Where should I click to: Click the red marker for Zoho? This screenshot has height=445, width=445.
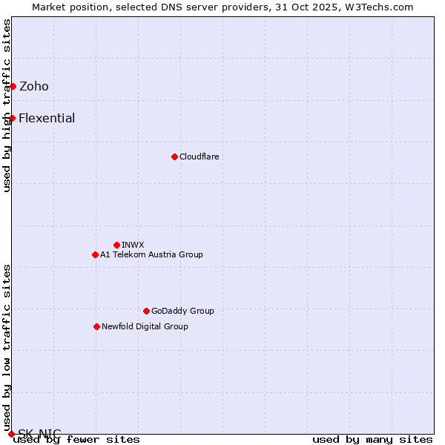coord(13,87)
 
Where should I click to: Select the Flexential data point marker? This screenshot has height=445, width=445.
coord(12,119)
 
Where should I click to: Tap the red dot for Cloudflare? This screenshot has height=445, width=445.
coord(174,156)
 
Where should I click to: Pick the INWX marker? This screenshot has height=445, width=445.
coord(116,245)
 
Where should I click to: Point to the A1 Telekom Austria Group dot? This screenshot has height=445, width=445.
coord(95,254)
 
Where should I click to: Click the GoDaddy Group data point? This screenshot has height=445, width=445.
coord(146,311)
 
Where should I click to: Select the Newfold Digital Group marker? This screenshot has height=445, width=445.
coord(96,326)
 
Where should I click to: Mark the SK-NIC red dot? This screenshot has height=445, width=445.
coord(11,434)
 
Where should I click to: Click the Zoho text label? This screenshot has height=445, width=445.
coord(34,87)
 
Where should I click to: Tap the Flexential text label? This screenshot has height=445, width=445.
coord(47,119)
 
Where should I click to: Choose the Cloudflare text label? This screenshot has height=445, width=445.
coord(199,156)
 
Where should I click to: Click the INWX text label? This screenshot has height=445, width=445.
coord(133,245)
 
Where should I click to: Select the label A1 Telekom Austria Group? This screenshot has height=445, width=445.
coord(151,254)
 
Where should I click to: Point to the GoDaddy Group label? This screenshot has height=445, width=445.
coord(182,311)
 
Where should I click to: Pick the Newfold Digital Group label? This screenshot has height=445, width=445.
coord(145,326)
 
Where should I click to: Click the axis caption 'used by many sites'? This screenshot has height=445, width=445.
coord(372,440)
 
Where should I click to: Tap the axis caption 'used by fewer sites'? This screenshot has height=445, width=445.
coord(76,440)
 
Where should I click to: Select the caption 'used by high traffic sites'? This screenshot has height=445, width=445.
coord(7,105)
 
